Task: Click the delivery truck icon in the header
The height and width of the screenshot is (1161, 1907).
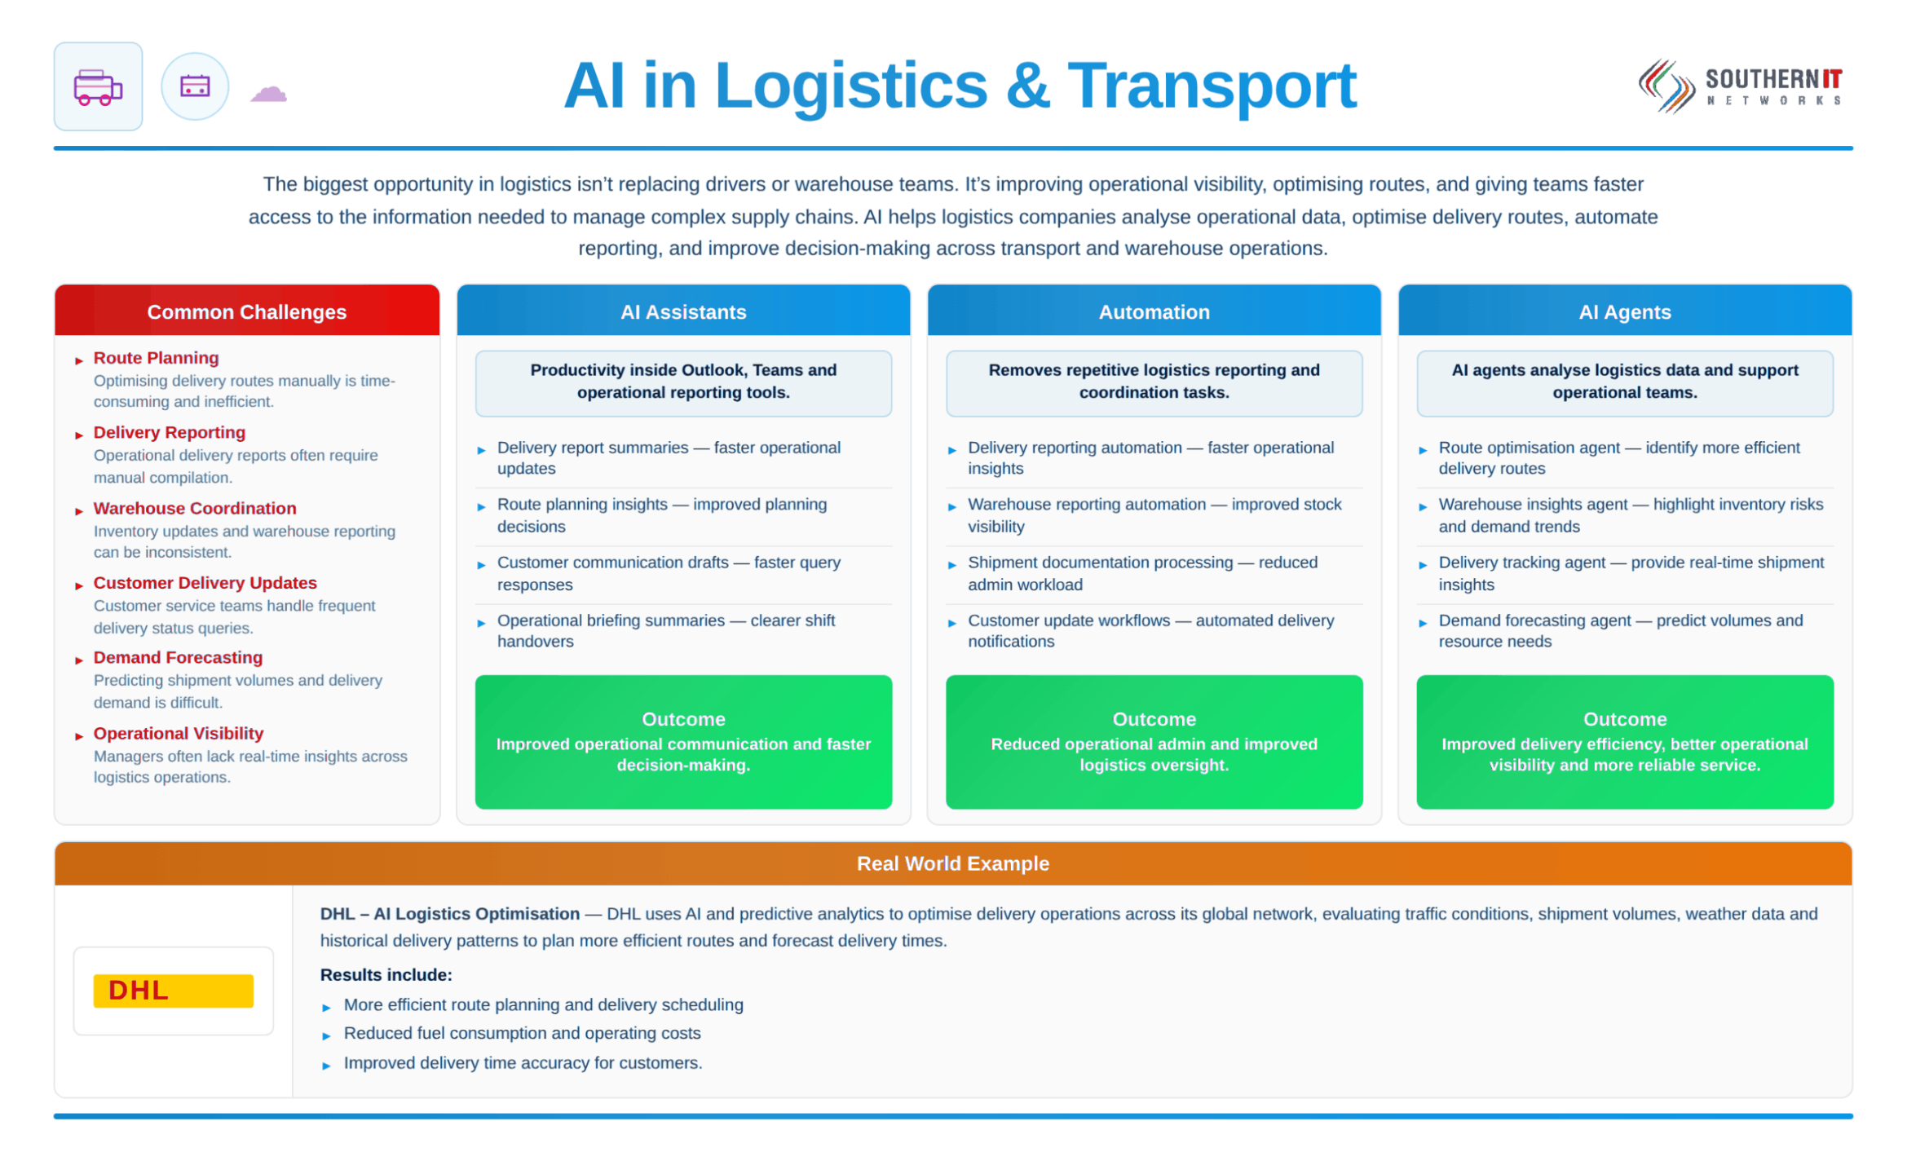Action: click(98, 87)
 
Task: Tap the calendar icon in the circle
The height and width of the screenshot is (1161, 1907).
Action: click(195, 86)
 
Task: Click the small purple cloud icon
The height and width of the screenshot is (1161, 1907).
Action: click(268, 93)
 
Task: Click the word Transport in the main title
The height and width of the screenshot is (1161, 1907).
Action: click(1212, 86)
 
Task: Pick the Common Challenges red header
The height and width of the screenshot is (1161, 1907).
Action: click(247, 311)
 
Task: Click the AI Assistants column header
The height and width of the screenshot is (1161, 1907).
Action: click(683, 311)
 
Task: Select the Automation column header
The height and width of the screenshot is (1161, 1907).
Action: click(1154, 311)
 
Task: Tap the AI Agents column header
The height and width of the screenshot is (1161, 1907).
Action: click(1624, 311)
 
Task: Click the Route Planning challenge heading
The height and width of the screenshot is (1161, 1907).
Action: click(156, 358)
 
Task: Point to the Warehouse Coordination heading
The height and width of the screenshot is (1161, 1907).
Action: click(195, 508)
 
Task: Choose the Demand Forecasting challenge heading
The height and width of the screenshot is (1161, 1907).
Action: click(178, 657)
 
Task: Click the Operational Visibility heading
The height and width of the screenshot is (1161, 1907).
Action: click(179, 733)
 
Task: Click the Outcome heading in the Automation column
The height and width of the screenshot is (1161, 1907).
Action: click(1154, 719)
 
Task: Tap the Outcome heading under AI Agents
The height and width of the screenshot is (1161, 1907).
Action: click(1624, 719)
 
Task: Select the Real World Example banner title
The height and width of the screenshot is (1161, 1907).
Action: click(952, 863)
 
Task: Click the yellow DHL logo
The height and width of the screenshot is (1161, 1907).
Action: click(173, 991)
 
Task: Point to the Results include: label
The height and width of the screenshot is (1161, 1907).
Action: click(386, 974)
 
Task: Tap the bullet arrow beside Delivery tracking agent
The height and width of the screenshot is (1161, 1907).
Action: click(1422, 565)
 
